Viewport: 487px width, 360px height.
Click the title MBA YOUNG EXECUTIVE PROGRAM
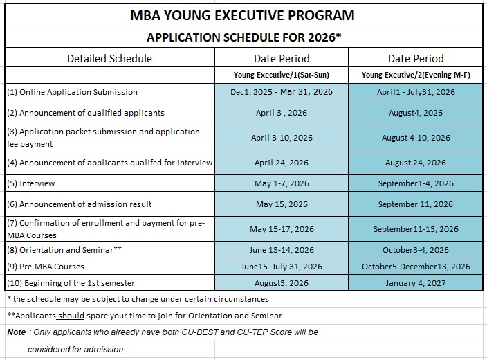[x=242, y=15]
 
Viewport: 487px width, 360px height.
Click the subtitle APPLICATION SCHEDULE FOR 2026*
[x=242, y=37]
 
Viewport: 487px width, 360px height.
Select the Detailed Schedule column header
[x=109, y=58]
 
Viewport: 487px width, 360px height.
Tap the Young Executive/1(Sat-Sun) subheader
[x=282, y=75]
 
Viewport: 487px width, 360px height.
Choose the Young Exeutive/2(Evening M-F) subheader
[x=416, y=75]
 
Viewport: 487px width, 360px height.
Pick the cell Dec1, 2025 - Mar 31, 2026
[x=282, y=92]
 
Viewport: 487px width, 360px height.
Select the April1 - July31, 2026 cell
[x=416, y=92]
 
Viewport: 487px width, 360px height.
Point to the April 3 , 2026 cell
[x=282, y=112]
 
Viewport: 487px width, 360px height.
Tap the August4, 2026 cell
[x=416, y=112]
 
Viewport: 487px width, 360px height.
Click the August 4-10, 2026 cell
[x=416, y=138]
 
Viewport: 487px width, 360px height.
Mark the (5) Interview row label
[x=31, y=183]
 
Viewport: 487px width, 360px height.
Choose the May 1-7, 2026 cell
[x=282, y=183]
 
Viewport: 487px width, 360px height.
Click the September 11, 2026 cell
[x=416, y=204]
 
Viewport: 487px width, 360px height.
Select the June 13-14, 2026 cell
[x=282, y=250]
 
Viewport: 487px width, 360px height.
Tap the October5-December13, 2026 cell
[x=416, y=267]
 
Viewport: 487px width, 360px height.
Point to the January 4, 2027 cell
[x=416, y=283]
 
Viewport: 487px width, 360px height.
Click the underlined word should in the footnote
[x=71, y=316]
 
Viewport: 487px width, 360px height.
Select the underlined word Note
[x=17, y=332]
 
